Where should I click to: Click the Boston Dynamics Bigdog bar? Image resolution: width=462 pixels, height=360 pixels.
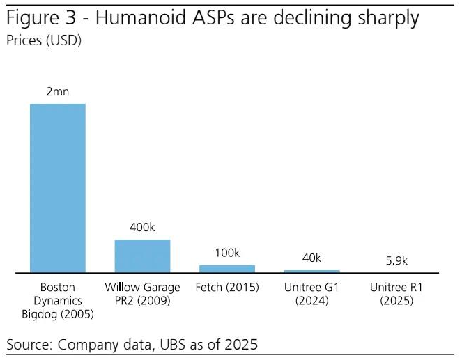(x=57, y=188)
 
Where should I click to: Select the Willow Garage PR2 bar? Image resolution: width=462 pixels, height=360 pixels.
(x=142, y=256)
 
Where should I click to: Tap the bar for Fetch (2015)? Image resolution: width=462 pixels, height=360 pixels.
(x=227, y=268)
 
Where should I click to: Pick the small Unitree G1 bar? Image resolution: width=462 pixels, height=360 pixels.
(x=312, y=271)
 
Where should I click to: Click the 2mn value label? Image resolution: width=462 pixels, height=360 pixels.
(x=57, y=92)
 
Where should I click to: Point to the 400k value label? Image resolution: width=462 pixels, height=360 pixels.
(x=142, y=228)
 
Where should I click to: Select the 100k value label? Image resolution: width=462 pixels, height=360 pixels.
(x=227, y=253)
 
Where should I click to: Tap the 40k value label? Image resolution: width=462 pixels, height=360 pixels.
(x=312, y=258)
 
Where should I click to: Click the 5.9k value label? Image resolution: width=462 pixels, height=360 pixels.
(x=396, y=261)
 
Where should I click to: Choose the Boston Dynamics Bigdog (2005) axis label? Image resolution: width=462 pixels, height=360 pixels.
(x=57, y=301)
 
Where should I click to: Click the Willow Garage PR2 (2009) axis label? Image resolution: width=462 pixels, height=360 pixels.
(x=142, y=294)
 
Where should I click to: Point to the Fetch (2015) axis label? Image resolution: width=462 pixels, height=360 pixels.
(x=227, y=287)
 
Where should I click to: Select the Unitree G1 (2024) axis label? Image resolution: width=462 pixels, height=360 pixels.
(x=312, y=294)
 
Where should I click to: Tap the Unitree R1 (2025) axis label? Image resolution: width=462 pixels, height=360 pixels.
(x=396, y=294)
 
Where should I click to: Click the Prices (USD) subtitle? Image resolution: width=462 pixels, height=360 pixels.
(x=44, y=41)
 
